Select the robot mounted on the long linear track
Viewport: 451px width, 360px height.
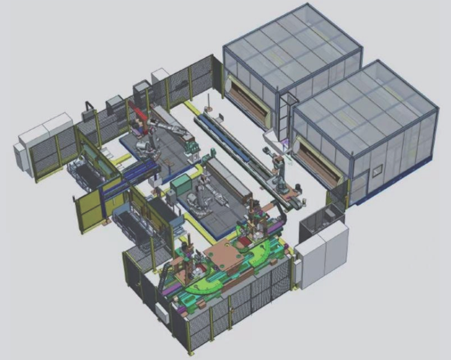278,174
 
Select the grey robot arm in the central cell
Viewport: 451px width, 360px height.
198,198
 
